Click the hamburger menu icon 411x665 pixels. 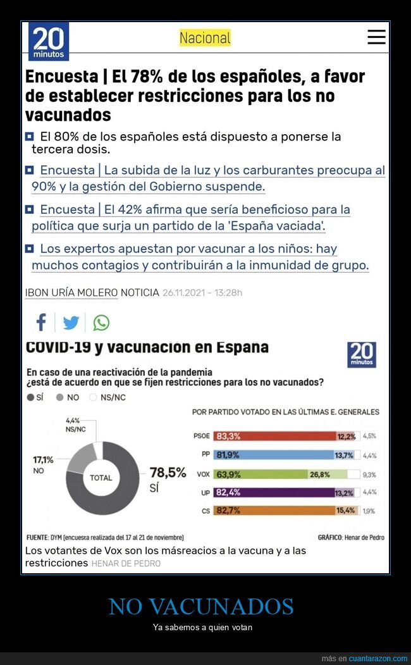(x=376, y=37)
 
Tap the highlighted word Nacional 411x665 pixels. (x=205, y=38)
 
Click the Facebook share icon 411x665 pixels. (x=41, y=323)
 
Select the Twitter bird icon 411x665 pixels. (x=71, y=323)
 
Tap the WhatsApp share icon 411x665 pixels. (x=101, y=323)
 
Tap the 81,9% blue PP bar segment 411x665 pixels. (x=272, y=455)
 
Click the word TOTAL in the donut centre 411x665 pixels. (x=101, y=478)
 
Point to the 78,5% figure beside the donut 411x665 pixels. (x=168, y=473)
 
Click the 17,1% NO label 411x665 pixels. (x=44, y=464)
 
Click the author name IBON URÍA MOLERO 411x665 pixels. (x=71, y=293)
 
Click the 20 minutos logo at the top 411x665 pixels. (x=49, y=40)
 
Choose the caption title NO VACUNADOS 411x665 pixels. (x=201, y=606)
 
